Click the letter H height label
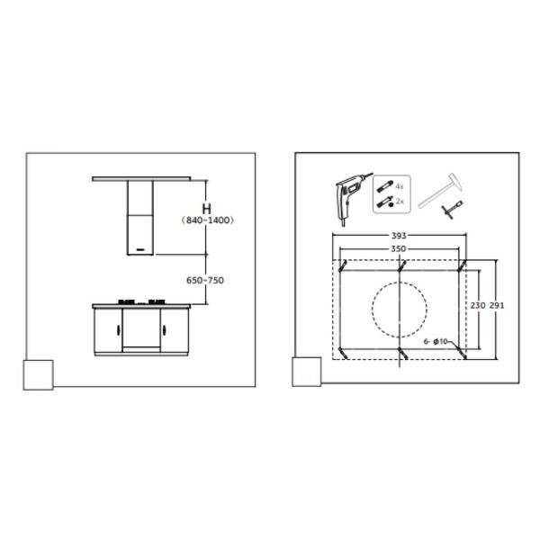click(207, 209)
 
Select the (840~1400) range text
click(208, 220)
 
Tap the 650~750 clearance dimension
click(205, 280)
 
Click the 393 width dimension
click(399, 236)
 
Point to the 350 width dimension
click(399, 248)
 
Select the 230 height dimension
click(478, 305)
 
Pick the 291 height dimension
click(497, 305)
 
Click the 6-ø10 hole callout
click(436, 341)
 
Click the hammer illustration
click(440, 190)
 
